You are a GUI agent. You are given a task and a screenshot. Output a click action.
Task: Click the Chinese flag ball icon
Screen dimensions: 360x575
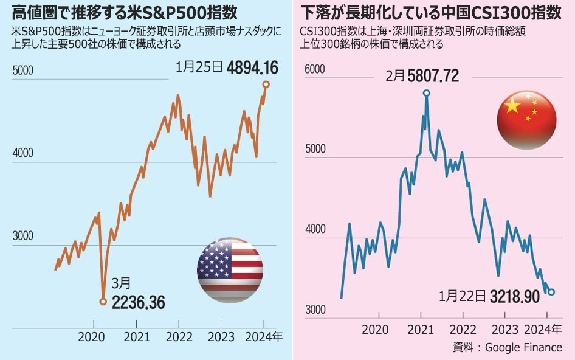pyautogui.click(x=526, y=119)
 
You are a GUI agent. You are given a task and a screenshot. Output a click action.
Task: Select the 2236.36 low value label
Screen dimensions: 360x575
pyautogui.click(x=138, y=302)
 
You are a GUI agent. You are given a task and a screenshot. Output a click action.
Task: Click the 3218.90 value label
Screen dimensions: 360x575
pyautogui.click(x=514, y=297)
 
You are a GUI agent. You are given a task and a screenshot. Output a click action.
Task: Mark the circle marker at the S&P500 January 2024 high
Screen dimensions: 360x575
pyautogui.click(x=266, y=84)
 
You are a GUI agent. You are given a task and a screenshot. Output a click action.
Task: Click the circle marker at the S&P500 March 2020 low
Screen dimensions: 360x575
pyautogui.click(x=103, y=301)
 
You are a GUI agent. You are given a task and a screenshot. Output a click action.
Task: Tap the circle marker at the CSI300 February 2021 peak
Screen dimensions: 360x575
pyautogui.click(x=426, y=93)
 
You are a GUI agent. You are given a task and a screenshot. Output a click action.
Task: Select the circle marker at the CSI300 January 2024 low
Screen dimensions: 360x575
pyautogui.click(x=551, y=292)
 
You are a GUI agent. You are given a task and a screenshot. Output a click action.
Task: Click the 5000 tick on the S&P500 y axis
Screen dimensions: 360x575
pyautogui.click(x=22, y=71)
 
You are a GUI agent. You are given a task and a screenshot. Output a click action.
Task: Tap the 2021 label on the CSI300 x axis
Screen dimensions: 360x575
pyautogui.click(x=421, y=330)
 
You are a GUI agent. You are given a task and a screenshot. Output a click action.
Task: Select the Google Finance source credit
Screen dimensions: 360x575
pyautogui.click(x=523, y=347)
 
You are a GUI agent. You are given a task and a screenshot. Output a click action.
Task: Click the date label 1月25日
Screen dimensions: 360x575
pyautogui.click(x=199, y=66)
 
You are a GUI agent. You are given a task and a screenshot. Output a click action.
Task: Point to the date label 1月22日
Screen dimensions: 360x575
pyautogui.click(x=463, y=297)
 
